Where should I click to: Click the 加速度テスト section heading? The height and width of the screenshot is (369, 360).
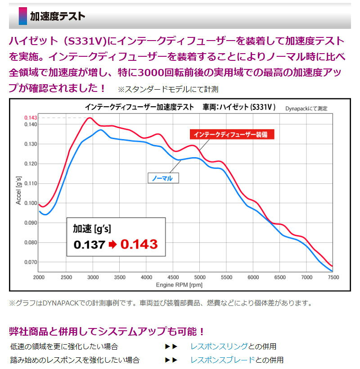[57, 17]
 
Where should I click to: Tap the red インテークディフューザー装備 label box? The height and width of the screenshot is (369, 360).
[232, 134]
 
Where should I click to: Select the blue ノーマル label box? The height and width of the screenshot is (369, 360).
[163, 178]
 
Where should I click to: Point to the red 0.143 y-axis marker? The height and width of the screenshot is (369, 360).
[31, 118]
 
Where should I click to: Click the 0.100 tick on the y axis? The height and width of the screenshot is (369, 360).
[31, 203]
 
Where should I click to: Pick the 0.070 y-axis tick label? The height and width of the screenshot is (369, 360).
[31, 262]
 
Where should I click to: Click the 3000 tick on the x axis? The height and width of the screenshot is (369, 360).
[93, 278]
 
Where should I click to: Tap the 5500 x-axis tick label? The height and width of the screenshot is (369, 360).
[226, 278]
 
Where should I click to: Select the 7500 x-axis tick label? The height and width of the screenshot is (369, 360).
[333, 278]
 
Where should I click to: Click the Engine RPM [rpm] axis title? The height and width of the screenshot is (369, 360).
[179, 285]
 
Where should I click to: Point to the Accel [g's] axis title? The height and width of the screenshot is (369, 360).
[18, 191]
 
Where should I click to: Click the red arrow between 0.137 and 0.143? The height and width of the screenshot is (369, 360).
[113, 245]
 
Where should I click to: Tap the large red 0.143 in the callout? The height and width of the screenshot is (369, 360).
[139, 244]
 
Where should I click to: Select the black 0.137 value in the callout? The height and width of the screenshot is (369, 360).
[89, 245]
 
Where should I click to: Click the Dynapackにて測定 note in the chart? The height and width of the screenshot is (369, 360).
[306, 109]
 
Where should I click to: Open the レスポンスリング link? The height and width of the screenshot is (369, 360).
[219, 346]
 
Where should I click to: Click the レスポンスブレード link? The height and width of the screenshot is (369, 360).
[223, 360]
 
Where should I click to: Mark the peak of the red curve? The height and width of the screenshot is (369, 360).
[90, 118]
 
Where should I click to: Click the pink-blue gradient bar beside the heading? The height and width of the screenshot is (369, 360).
[23, 16]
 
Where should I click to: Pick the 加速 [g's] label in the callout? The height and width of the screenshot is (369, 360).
[92, 229]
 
